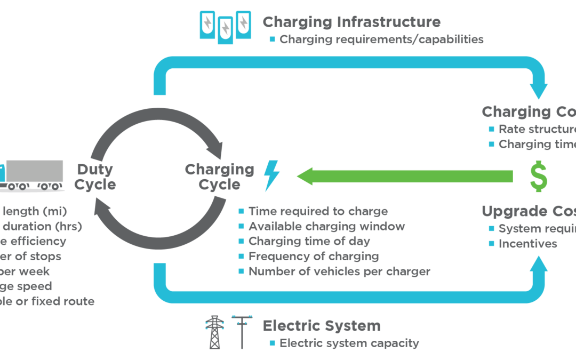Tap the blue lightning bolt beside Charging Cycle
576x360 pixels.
(271, 176)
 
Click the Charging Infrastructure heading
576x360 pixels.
(351, 22)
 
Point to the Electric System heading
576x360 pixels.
(321, 325)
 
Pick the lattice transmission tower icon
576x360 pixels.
(214, 332)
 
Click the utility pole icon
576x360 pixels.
(242, 332)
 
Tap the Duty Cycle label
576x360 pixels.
(95, 177)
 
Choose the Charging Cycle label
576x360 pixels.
(220, 177)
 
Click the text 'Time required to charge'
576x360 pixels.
(318, 212)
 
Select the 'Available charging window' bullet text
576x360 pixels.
(326, 227)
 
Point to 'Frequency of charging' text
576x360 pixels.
(314, 257)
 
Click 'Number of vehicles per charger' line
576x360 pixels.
(339, 271)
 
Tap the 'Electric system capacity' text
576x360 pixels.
(349, 343)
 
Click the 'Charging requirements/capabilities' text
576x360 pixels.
(381, 39)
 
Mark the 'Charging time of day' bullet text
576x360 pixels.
(309, 242)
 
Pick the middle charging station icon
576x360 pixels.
(226, 28)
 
